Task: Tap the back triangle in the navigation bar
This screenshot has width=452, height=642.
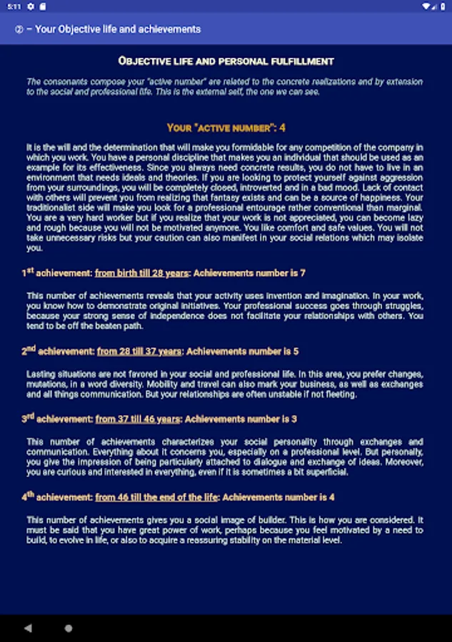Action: click(x=28, y=628)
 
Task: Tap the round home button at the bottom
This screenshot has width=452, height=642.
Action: click(x=69, y=628)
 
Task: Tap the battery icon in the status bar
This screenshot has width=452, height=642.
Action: click(x=443, y=6)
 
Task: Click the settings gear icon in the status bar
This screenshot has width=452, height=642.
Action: click(x=31, y=6)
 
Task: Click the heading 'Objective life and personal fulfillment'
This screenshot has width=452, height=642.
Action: click(x=226, y=61)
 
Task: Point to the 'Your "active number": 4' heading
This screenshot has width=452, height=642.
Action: click(x=226, y=128)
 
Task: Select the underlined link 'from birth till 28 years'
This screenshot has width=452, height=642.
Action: click(x=141, y=272)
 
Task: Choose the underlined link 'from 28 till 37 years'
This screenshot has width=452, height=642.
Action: click(x=139, y=351)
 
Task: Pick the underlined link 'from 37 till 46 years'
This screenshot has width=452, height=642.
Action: click(x=137, y=419)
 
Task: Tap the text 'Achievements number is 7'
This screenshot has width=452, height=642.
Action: click(x=250, y=272)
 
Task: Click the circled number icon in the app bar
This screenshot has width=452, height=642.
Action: click(x=19, y=29)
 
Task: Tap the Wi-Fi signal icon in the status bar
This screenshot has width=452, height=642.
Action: click(x=427, y=6)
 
